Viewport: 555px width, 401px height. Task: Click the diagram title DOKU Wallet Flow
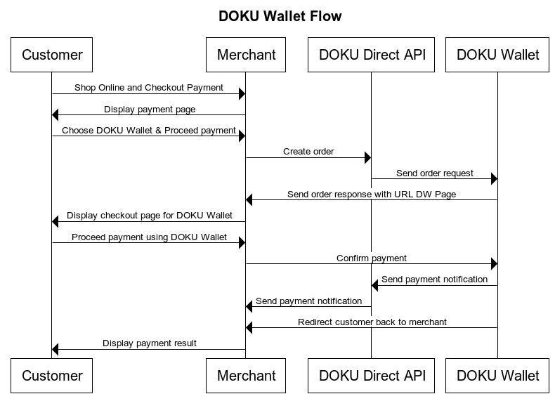280,16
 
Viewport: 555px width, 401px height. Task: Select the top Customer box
52,55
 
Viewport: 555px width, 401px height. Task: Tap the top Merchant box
246,55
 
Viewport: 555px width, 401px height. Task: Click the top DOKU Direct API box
372,55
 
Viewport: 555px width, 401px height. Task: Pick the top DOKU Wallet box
497,55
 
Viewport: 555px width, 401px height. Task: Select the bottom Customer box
52,376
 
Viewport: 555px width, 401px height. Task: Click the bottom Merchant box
246,376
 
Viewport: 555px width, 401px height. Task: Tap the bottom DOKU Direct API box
372,376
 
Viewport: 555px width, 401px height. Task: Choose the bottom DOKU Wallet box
497,376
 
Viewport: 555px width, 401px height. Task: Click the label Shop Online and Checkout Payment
148,88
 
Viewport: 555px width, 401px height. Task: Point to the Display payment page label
150,109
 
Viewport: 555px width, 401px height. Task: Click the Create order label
308,151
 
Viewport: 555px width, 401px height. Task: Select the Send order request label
434,173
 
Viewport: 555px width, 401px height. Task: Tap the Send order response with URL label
372,194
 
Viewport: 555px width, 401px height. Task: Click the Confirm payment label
372,258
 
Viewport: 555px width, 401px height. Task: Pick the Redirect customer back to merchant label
372,322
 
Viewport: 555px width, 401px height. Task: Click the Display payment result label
150,343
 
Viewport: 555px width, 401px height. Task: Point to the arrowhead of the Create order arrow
367,157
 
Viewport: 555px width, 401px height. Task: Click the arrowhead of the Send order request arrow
493,179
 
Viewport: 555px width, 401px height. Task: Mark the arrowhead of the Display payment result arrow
56,349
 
